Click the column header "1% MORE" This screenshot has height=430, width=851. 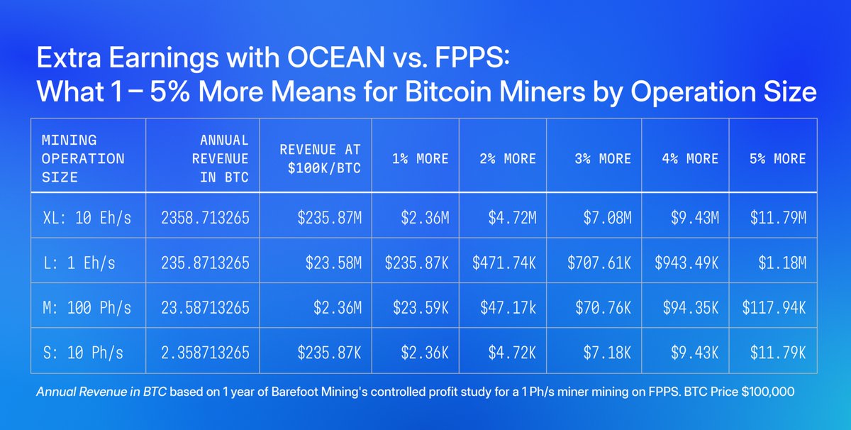(x=420, y=158)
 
